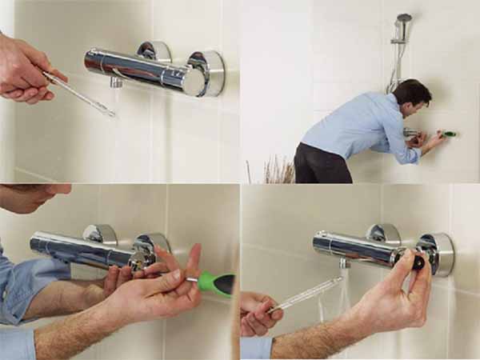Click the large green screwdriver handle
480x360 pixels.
(218, 282)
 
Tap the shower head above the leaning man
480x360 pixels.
(404, 18)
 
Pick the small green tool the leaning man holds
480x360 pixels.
(449, 134)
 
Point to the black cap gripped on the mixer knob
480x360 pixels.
(418, 262)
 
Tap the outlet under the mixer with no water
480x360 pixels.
(117, 82)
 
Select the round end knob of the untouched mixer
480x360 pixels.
(206, 74)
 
